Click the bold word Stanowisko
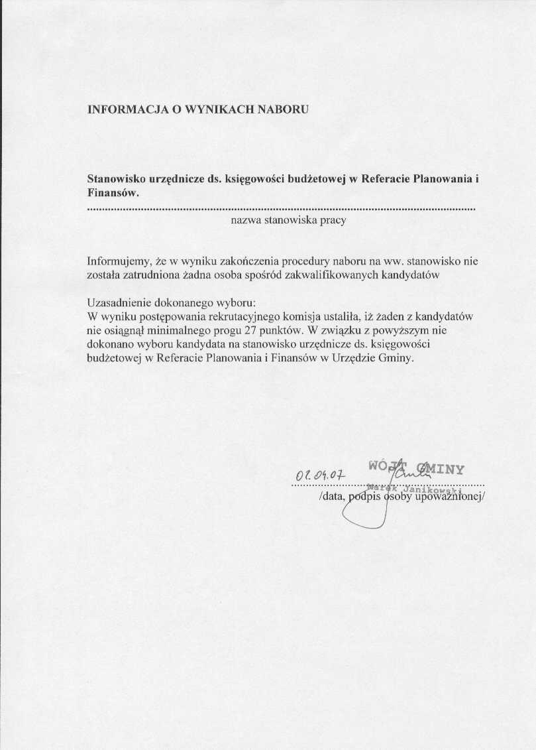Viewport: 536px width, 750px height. pyautogui.click(x=116, y=179)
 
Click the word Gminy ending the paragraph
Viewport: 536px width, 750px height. pyautogui.click(x=395, y=357)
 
